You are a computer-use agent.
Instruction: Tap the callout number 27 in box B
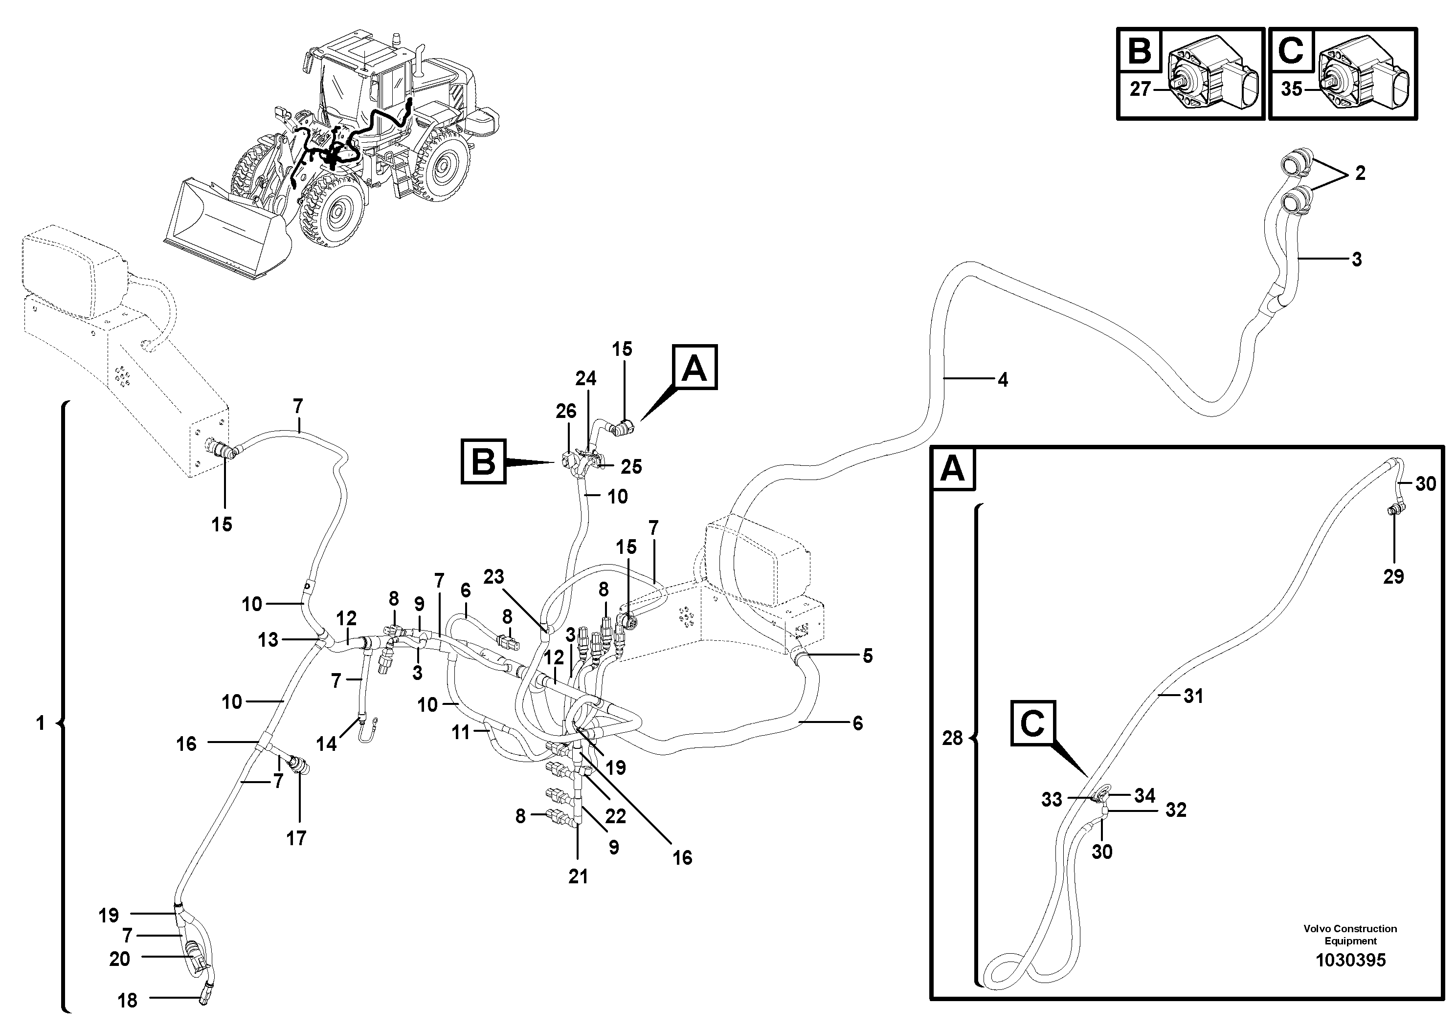1140,89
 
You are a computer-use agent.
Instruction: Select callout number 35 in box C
1291,89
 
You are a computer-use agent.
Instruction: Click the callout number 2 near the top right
1360,173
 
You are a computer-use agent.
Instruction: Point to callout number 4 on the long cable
1003,380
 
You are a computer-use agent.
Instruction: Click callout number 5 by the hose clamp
868,656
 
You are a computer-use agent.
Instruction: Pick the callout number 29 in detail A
1393,576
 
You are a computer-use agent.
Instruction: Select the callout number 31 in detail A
1193,696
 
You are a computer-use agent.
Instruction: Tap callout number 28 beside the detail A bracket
952,738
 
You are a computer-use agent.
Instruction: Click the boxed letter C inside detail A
1032,723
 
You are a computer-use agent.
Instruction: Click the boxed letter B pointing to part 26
483,461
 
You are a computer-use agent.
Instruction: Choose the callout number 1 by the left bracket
41,722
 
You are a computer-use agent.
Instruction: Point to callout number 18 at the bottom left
128,1000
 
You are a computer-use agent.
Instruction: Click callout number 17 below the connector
296,838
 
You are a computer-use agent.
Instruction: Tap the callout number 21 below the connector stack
578,876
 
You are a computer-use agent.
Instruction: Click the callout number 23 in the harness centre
493,576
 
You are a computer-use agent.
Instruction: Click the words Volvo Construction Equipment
1350,934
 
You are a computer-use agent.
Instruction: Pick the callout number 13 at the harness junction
268,639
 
